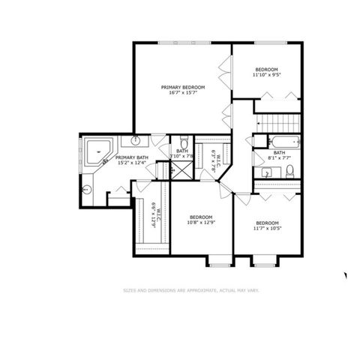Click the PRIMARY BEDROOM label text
click(184, 87)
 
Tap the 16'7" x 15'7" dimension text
click(184, 93)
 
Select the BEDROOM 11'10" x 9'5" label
click(266, 71)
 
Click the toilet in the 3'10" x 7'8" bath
click(183, 142)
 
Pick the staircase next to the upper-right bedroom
click(277, 123)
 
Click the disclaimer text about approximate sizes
click(190, 289)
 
